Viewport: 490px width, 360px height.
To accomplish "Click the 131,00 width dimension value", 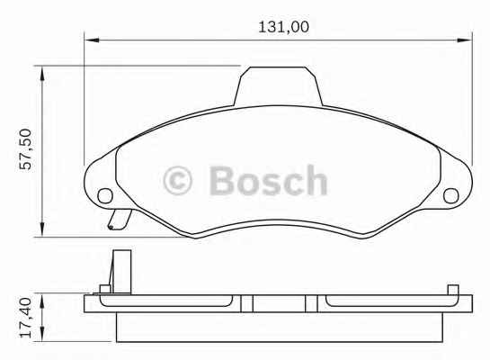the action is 283,27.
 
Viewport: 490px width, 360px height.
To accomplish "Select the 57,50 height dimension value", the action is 26,149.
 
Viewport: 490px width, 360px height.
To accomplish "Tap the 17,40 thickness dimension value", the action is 26,318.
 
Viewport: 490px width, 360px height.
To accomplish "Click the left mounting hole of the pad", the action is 105,196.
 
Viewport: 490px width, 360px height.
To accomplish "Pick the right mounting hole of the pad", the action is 451,196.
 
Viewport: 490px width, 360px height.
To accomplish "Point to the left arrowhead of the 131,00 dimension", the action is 92,40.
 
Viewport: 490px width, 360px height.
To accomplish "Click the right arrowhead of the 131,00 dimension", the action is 464,40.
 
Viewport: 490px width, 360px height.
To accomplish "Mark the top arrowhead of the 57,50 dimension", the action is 42,74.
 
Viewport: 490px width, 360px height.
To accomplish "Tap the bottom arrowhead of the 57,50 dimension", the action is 42,229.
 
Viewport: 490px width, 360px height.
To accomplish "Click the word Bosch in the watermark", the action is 269,180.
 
